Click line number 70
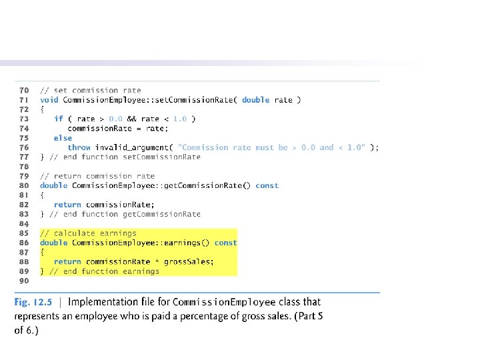click(x=24, y=90)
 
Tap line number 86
click(x=24, y=243)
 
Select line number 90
click(x=24, y=281)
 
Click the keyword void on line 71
click(x=49, y=100)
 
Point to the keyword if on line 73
click(x=59, y=119)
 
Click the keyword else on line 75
click(x=63, y=138)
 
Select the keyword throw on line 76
click(x=79, y=147)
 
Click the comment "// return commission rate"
click(x=97, y=176)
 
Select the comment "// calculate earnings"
click(x=88, y=233)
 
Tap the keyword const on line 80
click(x=267, y=185)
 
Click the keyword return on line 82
click(x=67, y=205)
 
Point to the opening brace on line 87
click(x=42, y=253)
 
